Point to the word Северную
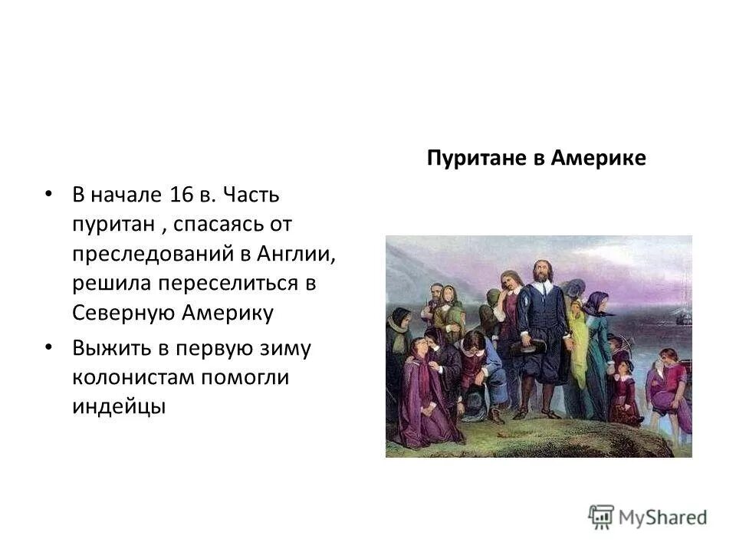pos(122,313)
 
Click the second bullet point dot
pos(50,347)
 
